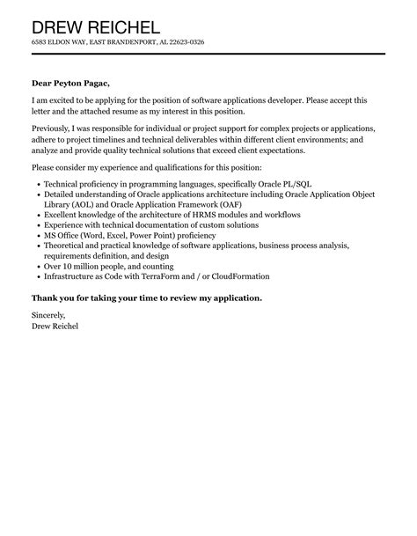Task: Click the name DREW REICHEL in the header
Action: (x=96, y=27)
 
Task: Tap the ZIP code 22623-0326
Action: (x=183, y=42)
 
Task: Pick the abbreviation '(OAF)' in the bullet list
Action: (x=230, y=204)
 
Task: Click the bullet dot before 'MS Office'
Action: (x=37, y=236)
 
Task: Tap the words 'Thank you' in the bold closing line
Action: (x=54, y=297)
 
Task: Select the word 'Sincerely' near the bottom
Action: (x=48, y=314)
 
